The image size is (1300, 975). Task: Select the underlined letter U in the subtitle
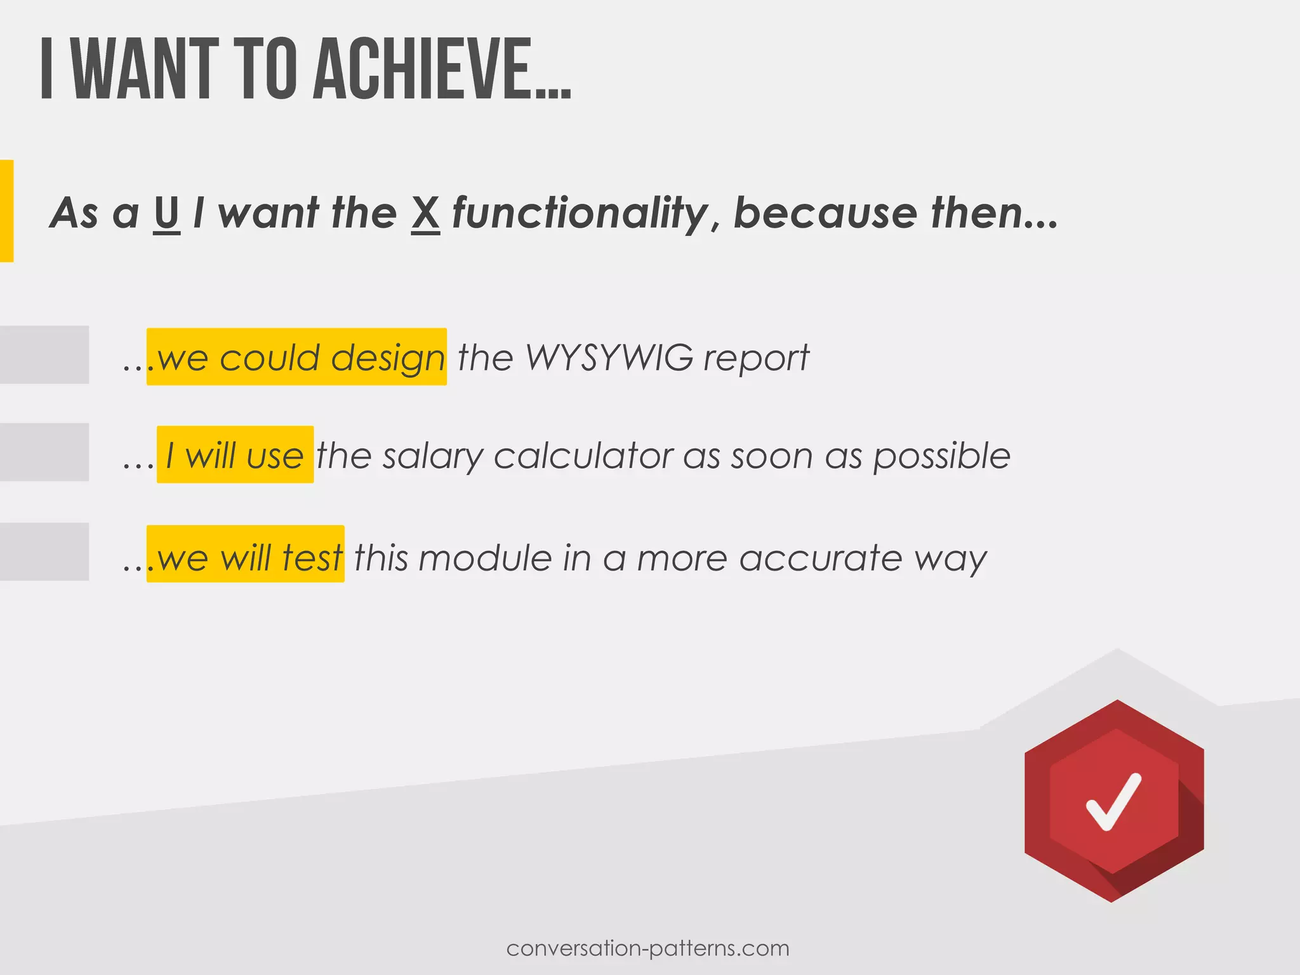pyautogui.click(x=166, y=213)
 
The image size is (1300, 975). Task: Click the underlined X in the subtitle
pyautogui.click(x=425, y=213)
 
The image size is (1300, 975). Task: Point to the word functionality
pyautogui.click(x=580, y=213)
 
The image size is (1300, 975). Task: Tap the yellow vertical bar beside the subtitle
pyautogui.click(x=6, y=211)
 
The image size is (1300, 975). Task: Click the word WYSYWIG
pyautogui.click(x=609, y=357)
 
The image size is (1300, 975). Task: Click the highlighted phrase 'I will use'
pyautogui.click(x=235, y=455)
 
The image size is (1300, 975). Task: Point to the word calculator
pyautogui.click(x=583, y=455)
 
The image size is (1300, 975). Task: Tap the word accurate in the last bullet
pyautogui.click(x=820, y=557)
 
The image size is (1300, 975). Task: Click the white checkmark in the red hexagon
pyautogui.click(x=1113, y=801)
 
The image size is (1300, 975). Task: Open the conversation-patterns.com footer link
pyautogui.click(x=648, y=948)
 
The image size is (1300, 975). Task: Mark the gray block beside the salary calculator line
pyautogui.click(x=44, y=452)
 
